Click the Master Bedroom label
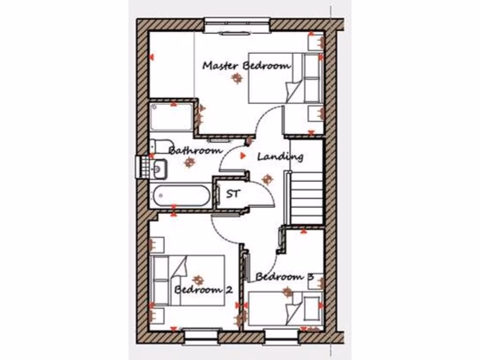(x=246, y=66)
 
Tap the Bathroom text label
(x=195, y=151)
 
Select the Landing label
(x=280, y=157)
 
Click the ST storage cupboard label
(x=233, y=193)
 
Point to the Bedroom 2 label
(x=203, y=289)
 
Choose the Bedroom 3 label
(x=284, y=277)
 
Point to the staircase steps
(x=307, y=197)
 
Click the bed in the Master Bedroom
(x=284, y=77)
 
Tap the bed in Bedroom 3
(x=285, y=308)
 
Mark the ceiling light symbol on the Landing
(x=268, y=179)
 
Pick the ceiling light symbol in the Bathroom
(x=189, y=163)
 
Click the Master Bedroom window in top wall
(x=237, y=25)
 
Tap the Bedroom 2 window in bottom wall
(x=201, y=336)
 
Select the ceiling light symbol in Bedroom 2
(x=199, y=280)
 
